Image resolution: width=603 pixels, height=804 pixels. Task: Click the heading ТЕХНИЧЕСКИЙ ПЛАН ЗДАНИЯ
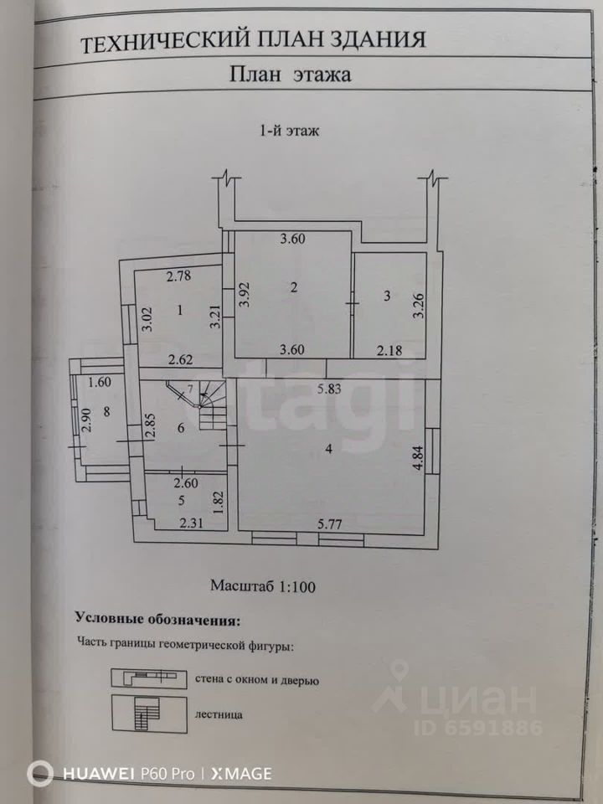[253, 39]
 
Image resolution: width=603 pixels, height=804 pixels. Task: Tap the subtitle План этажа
[290, 75]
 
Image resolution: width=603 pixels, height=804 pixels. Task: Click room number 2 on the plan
[293, 288]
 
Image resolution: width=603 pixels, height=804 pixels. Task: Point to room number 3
[386, 295]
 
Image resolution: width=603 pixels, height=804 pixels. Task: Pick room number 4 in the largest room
[329, 450]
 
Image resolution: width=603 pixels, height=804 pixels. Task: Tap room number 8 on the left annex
[106, 411]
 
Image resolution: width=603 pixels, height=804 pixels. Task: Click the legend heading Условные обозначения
[157, 620]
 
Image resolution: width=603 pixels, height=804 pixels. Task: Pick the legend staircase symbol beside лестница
[148, 715]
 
